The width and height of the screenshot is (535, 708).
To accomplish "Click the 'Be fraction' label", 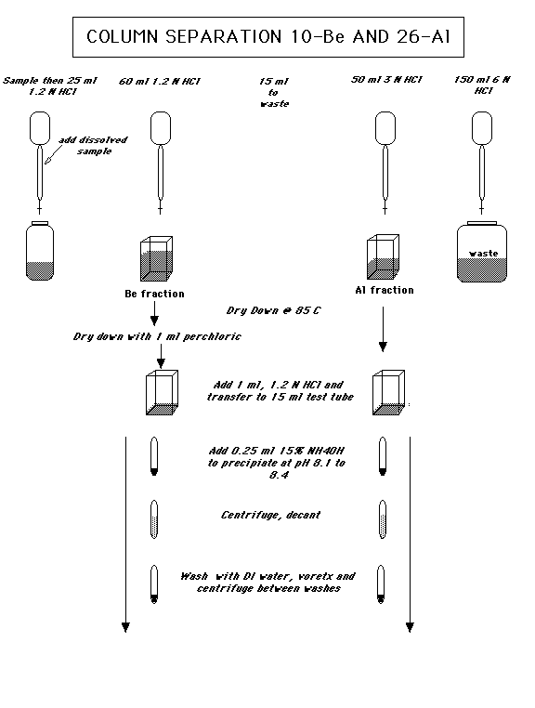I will pyautogui.click(x=154, y=294).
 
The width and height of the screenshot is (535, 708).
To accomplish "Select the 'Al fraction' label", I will pyautogui.click(x=384, y=290).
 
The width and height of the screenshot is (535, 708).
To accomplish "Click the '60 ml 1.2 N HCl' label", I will pyautogui.click(x=161, y=82).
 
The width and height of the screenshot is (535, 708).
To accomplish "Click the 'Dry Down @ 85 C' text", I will pyautogui.click(x=273, y=309).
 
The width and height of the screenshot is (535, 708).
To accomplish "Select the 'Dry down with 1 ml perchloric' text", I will pyautogui.click(x=157, y=335).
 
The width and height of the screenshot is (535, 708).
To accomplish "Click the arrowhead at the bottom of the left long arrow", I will pyautogui.click(x=124, y=628).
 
